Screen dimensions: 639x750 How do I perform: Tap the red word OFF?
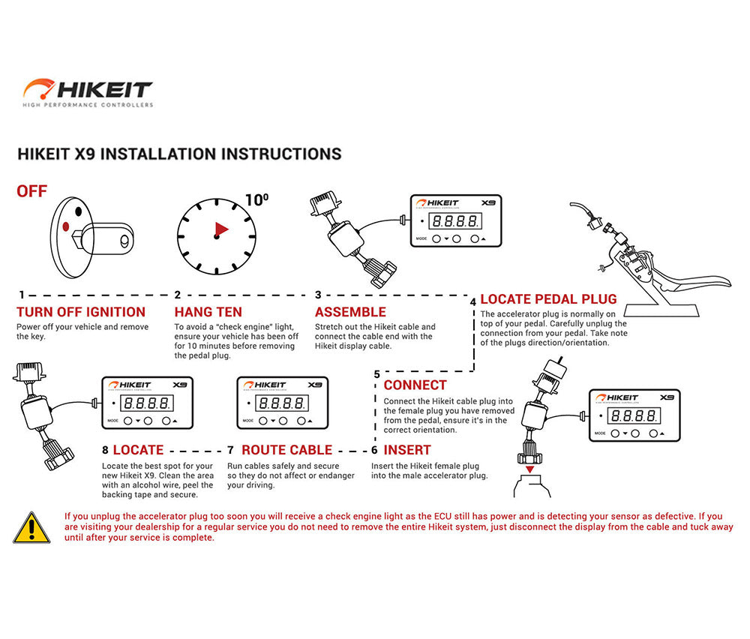(31, 191)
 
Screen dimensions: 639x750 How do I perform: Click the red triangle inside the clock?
(221, 229)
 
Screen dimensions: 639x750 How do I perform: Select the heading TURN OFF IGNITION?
(81, 312)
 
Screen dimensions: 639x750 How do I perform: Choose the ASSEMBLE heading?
(350, 312)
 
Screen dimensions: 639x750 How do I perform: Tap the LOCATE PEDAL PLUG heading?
(548, 299)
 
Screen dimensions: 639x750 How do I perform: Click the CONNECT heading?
(415, 385)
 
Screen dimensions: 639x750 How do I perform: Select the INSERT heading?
(407, 450)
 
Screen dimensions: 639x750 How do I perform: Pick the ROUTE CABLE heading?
(286, 450)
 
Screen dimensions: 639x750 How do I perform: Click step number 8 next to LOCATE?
(105, 450)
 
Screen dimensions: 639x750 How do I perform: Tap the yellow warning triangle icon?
(31, 527)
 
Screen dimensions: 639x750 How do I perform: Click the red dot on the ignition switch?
(67, 226)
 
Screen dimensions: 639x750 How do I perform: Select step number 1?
(22, 295)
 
